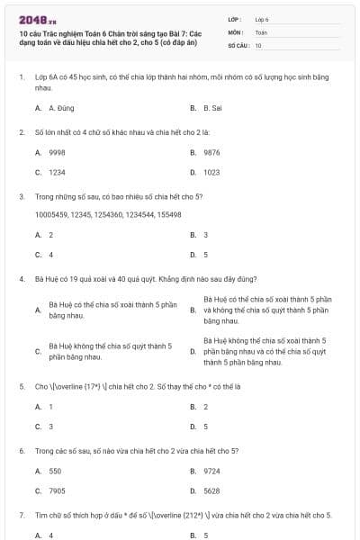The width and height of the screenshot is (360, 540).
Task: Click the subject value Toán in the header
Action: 261,31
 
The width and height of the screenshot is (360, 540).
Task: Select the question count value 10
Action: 258,44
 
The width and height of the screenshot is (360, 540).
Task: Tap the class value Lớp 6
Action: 262,19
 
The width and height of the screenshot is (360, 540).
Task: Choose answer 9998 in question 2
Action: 57,153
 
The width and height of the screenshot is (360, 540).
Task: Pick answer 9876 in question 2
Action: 211,153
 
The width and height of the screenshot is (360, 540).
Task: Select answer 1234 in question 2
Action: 57,172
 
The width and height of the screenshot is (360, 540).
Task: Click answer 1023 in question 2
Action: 211,172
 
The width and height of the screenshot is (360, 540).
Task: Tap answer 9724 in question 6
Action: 211,471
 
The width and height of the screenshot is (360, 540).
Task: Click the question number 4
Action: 21,279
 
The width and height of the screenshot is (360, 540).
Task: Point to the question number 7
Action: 21,515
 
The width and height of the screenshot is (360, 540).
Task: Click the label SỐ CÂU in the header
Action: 238,44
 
